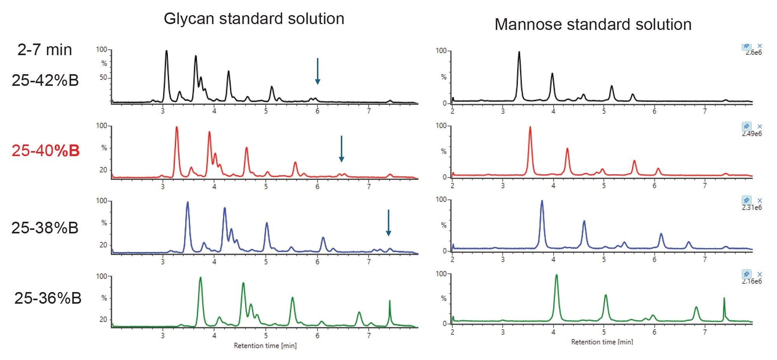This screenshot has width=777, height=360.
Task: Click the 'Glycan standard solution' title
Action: point(254,19)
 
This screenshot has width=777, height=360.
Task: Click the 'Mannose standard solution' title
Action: point(593,24)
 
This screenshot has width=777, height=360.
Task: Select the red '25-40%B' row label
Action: point(45,151)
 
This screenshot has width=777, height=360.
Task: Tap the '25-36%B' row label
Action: point(48,298)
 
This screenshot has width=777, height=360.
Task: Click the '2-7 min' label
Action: point(45,50)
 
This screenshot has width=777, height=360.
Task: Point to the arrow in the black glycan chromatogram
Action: point(317,71)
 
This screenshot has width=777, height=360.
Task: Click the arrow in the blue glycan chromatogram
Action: point(388,223)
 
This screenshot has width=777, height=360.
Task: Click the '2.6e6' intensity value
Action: point(753,52)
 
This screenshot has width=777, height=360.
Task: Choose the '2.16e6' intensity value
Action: point(751,281)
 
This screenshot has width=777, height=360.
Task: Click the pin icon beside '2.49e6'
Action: point(746,126)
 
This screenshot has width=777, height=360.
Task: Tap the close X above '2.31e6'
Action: point(760,200)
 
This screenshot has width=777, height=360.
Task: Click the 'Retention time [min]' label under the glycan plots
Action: point(265,346)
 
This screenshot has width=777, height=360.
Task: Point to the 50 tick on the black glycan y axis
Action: point(103,78)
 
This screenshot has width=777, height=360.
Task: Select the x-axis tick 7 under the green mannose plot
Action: point(705,332)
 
